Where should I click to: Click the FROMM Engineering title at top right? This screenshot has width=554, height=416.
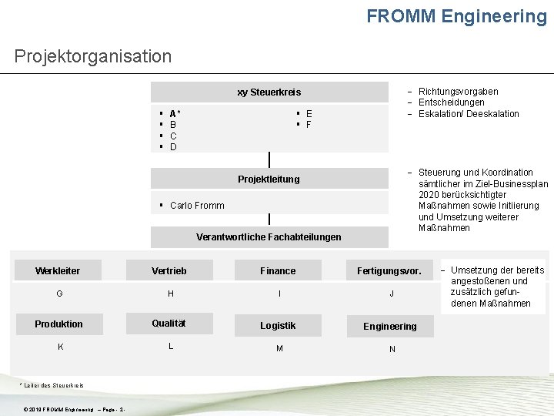(456, 16)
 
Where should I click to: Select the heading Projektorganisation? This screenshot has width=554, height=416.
(93, 56)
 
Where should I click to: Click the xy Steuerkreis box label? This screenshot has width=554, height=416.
(269, 92)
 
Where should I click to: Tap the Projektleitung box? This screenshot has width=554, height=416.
(269, 179)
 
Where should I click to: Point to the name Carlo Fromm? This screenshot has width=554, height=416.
(197, 205)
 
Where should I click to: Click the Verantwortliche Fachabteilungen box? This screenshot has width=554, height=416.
(269, 237)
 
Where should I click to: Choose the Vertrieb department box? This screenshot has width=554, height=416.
(169, 270)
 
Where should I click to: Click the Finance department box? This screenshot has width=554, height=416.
(278, 270)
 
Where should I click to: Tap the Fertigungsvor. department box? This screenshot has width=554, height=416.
(389, 271)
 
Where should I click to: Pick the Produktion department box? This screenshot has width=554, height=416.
(58, 324)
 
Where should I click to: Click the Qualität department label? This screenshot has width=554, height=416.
(169, 324)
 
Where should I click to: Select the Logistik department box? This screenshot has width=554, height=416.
(278, 326)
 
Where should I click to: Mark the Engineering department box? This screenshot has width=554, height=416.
(389, 327)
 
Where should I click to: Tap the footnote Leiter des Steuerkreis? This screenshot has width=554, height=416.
(53, 385)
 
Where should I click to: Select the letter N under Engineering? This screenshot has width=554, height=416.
(392, 349)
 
